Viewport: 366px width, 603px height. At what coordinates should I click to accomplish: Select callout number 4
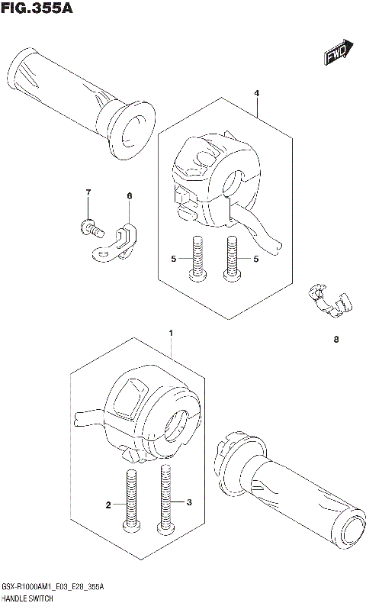coord(257,93)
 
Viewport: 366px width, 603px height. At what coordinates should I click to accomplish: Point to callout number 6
coord(129,196)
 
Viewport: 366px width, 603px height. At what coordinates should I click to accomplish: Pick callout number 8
coord(335,340)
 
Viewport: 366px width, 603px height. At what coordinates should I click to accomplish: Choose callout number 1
coord(171,334)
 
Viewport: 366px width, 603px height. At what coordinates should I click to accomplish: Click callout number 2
coord(108,505)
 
